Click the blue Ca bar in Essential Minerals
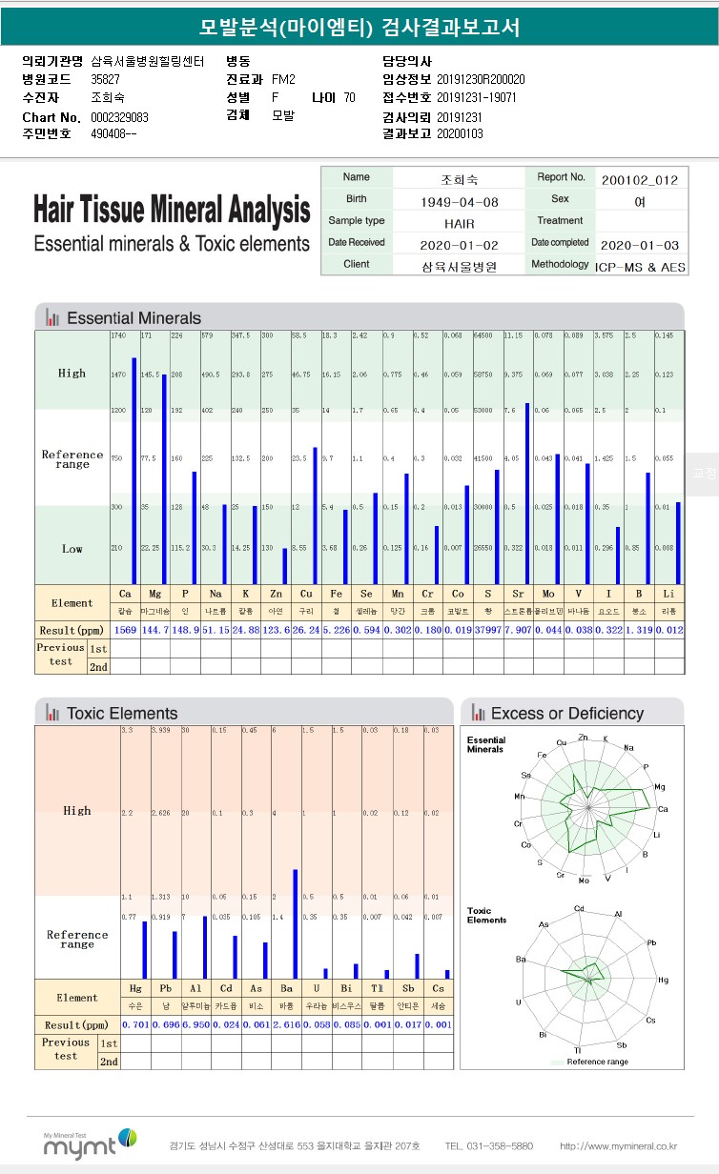(134, 471)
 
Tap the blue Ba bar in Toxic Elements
(296, 923)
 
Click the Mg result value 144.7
(154, 630)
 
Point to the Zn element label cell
(277, 594)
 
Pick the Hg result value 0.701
(135, 1024)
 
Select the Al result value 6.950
(195, 1024)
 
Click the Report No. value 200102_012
(640, 179)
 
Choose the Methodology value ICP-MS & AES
(640, 266)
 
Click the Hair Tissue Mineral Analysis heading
(172, 209)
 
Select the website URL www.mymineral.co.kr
(618, 1145)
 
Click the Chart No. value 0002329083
(119, 117)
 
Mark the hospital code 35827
(105, 79)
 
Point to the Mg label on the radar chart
(660, 786)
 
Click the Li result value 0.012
(669, 630)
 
